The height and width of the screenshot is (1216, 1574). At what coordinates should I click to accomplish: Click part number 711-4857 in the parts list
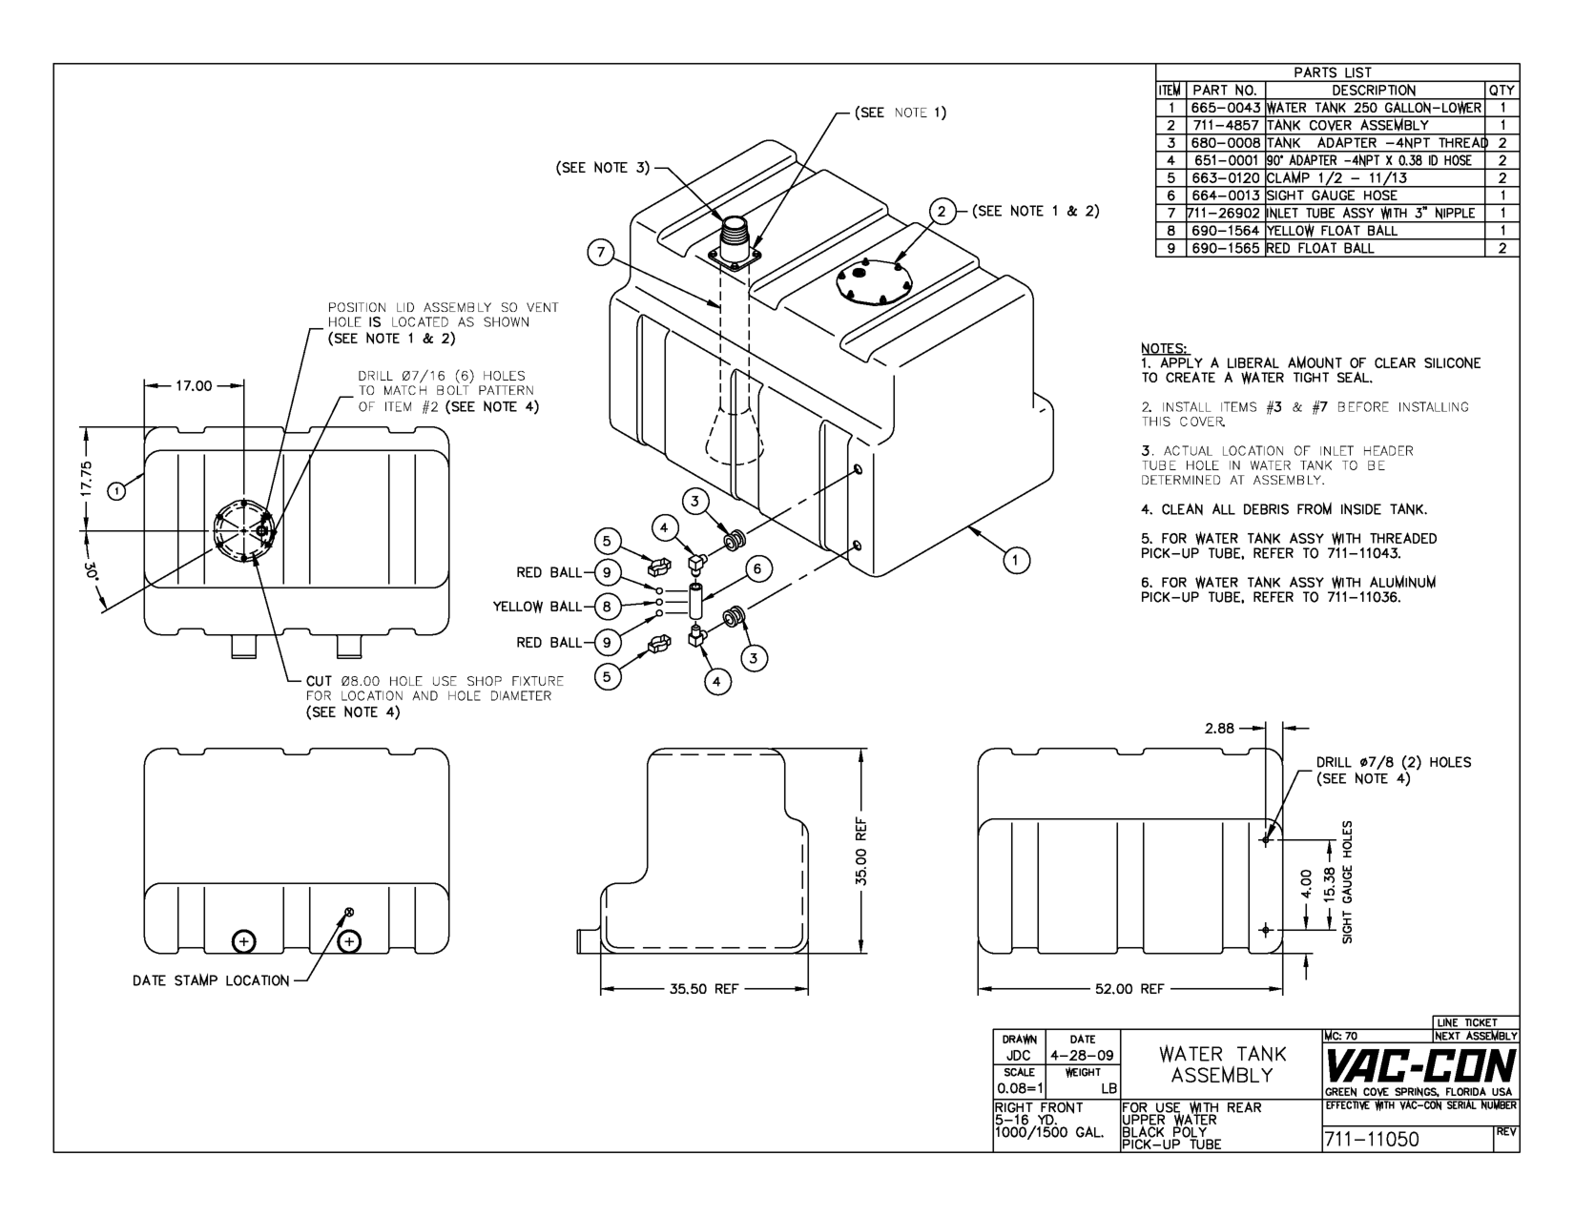tap(1225, 125)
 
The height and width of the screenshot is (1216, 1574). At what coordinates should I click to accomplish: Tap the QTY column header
tap(1501, 90)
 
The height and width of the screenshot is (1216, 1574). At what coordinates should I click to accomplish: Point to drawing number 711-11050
tap(1372, 1140)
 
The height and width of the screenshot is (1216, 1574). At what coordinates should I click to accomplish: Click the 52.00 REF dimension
tap(1129, 989)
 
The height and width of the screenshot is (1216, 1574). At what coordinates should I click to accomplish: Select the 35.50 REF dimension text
tap(703, 989)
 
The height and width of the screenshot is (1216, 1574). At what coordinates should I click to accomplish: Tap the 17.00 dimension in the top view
tap(195, 386)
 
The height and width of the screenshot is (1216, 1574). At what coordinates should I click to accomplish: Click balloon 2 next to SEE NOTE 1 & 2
tap(942, 212)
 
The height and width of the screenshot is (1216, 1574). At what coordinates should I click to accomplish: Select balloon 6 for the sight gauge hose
tap(756, 569)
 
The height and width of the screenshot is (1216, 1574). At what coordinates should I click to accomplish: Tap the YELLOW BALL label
tap(537, 607)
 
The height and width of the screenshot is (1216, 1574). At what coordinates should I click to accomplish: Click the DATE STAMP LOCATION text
tap(211, 980)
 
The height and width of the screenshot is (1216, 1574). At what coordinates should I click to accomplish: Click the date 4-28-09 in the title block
tap(1082, 1056)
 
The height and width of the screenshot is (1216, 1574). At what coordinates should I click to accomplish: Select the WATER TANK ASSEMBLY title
tap(1222, 1064)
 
